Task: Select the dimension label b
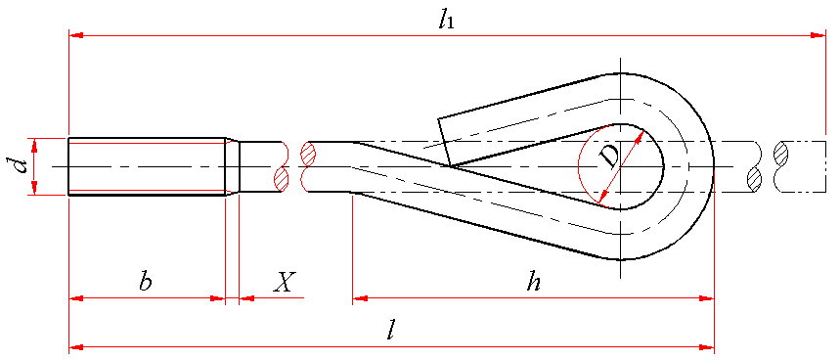click(x=145, y=282)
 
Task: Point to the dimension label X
click(x=283, y=282)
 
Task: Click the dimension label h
click(x=533, y=282)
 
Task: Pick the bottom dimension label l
click(x=391, y=333)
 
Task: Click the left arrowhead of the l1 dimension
click(x=76, y=36)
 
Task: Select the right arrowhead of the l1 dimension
click(x=818, y=36)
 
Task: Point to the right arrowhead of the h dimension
click(x=707, y=297)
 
